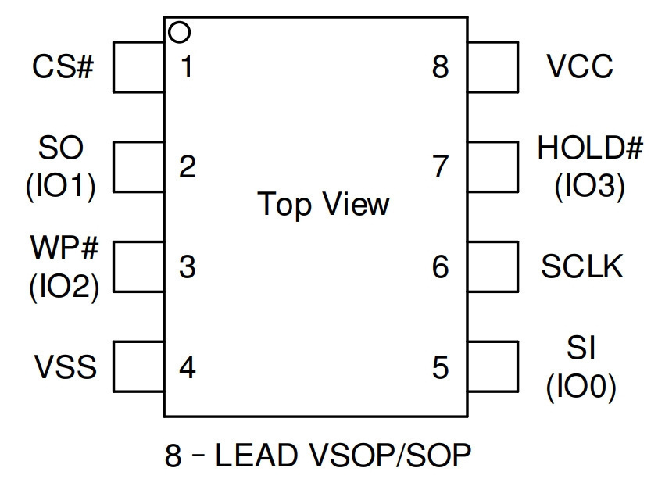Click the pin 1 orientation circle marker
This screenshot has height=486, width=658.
click(x=179, y=23)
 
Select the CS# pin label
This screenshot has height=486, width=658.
click(x=63, y=66)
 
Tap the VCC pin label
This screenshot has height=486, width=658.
click(x=580, y=66)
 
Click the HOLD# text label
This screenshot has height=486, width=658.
click(x=590, y=148)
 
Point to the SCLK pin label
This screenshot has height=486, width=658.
click(x=582, y=266)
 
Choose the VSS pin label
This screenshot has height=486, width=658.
click(x=66, y=366)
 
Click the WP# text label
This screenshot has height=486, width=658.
click(x=64, y=248)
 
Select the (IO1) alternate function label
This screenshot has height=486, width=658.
click(x=61, y=186)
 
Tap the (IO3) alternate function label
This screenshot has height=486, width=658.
click(x=590, y=186)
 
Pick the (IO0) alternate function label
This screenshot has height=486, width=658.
click(x=581, y=387)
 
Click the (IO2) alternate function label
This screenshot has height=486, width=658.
click(x=64, y=287)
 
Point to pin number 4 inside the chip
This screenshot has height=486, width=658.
click(x=187, y=367)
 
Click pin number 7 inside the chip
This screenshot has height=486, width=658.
click(x=441, y=166)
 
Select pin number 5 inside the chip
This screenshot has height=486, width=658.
click(x=441, y=367)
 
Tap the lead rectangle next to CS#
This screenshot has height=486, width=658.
click(x=138, y=42)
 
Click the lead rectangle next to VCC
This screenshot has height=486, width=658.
click(x=493, y=42)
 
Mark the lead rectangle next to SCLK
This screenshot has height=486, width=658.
click(x=493, y=242)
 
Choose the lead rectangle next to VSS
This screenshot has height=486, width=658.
click(x=138, y=342)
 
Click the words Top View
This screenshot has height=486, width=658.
click(x=323, y=205)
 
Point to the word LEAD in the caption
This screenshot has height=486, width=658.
click(x=256, y=456)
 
